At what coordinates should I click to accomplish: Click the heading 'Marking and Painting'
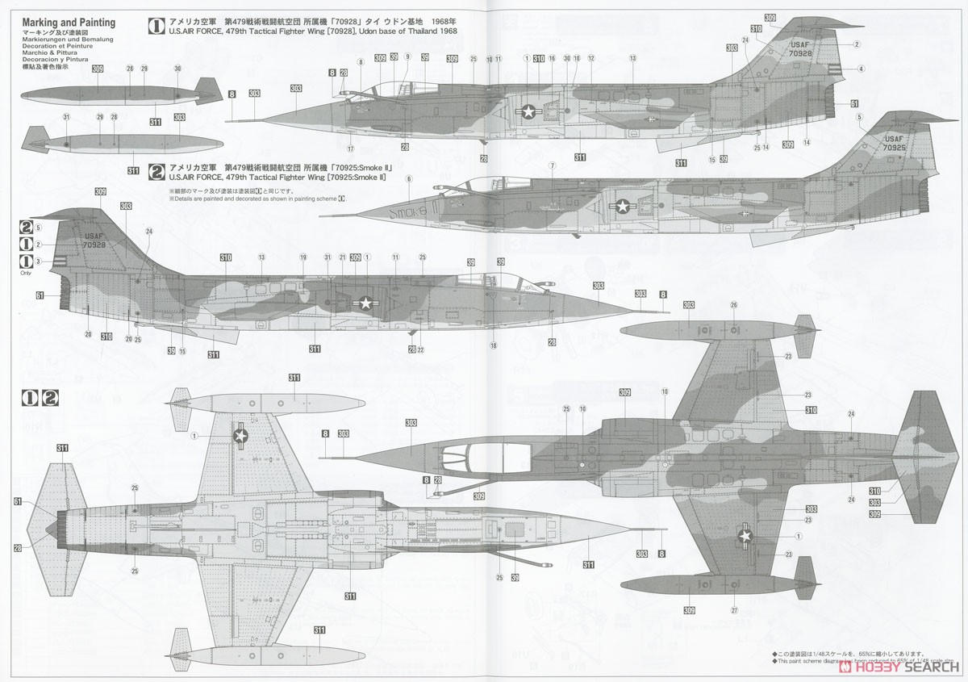click(x=69, y=23)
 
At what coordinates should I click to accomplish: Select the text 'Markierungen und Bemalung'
click(x=69, y=39)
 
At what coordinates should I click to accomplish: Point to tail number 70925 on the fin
click(x=893, y=148)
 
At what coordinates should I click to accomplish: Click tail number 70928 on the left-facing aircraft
click(x=94, y=245)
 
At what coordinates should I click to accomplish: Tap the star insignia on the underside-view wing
click(x=240, y=435)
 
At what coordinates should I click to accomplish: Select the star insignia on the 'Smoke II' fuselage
click(x=623, y=207)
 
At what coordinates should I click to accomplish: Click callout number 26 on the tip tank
click(x=733, y=305)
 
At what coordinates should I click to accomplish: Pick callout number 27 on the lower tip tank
click(x=734, y=609)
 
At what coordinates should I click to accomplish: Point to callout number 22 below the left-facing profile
click(x=420, y=349)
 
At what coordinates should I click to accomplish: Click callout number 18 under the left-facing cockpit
click(x=494, y=345)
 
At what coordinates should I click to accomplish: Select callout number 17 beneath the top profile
click(x=351, y=149)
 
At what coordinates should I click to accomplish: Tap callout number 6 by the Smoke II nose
click(x=409, y=178)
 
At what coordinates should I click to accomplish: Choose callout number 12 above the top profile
click(x=590, y=58)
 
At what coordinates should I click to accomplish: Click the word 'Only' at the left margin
click(x=27, y=274)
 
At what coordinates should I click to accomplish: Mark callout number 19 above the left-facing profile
click(x=303, y=257)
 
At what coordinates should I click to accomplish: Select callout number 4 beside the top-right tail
click(x=861, y=69)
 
